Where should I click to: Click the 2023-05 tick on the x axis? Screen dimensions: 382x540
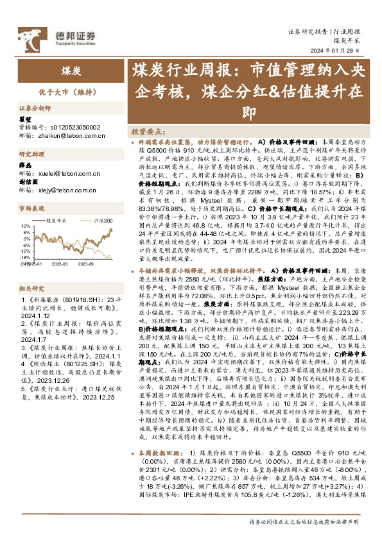[x=61, y=262]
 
